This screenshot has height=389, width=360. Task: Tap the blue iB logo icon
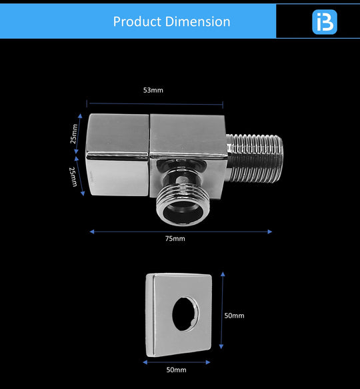pos(325,21)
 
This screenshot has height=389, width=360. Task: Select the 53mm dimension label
pos(153,90)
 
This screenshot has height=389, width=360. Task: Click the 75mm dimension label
pos(175,239)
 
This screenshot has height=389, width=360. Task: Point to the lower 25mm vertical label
pos(75,176)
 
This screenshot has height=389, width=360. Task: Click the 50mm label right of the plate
pos(234,316)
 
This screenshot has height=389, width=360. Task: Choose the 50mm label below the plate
pos(176,369)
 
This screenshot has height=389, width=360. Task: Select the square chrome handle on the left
pos(118,155)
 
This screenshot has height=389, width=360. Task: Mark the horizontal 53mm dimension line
pos(187,103)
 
